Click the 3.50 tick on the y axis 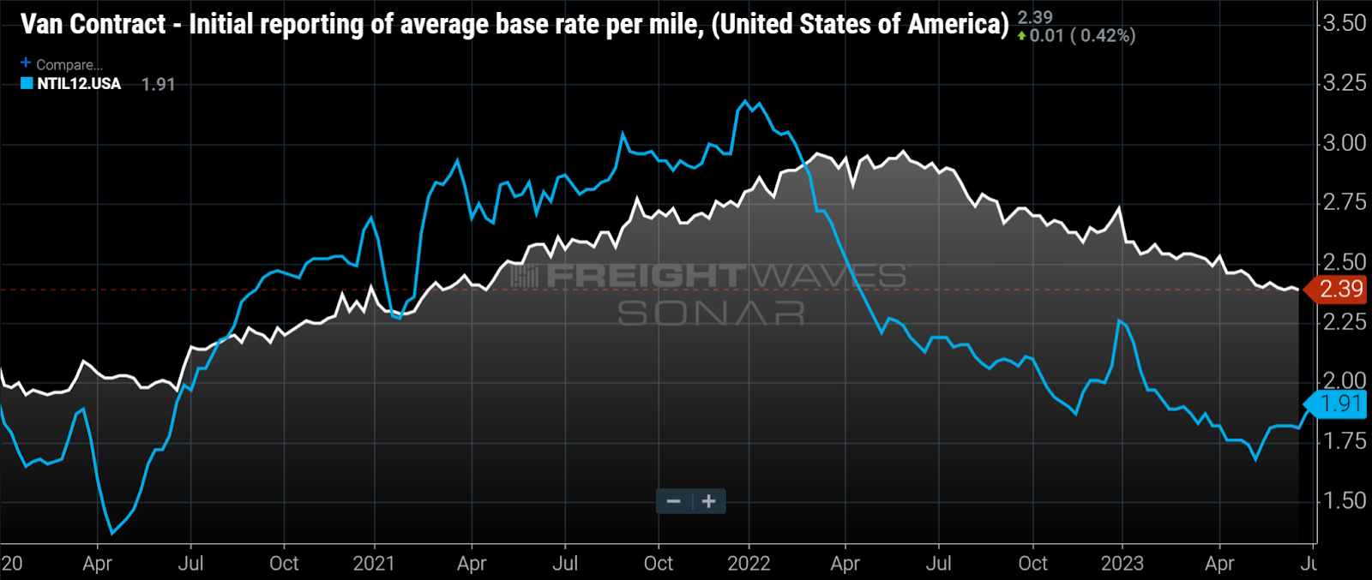point(1344,23)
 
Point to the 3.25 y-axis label point(1344,83)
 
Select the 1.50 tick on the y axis point(1344,500)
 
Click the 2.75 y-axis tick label point(1344,202)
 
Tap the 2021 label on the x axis point(374,563)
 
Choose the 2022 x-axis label point(749,563)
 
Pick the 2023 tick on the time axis point(1122,563)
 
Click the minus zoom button point(674,501)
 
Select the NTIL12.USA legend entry point(79,84)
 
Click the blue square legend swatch point(27,84)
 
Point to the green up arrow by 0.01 point(1021,36)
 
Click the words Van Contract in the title point(93,24)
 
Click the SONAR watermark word point(711,314)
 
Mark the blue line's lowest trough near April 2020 point(112,534)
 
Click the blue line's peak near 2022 point(745,101)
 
